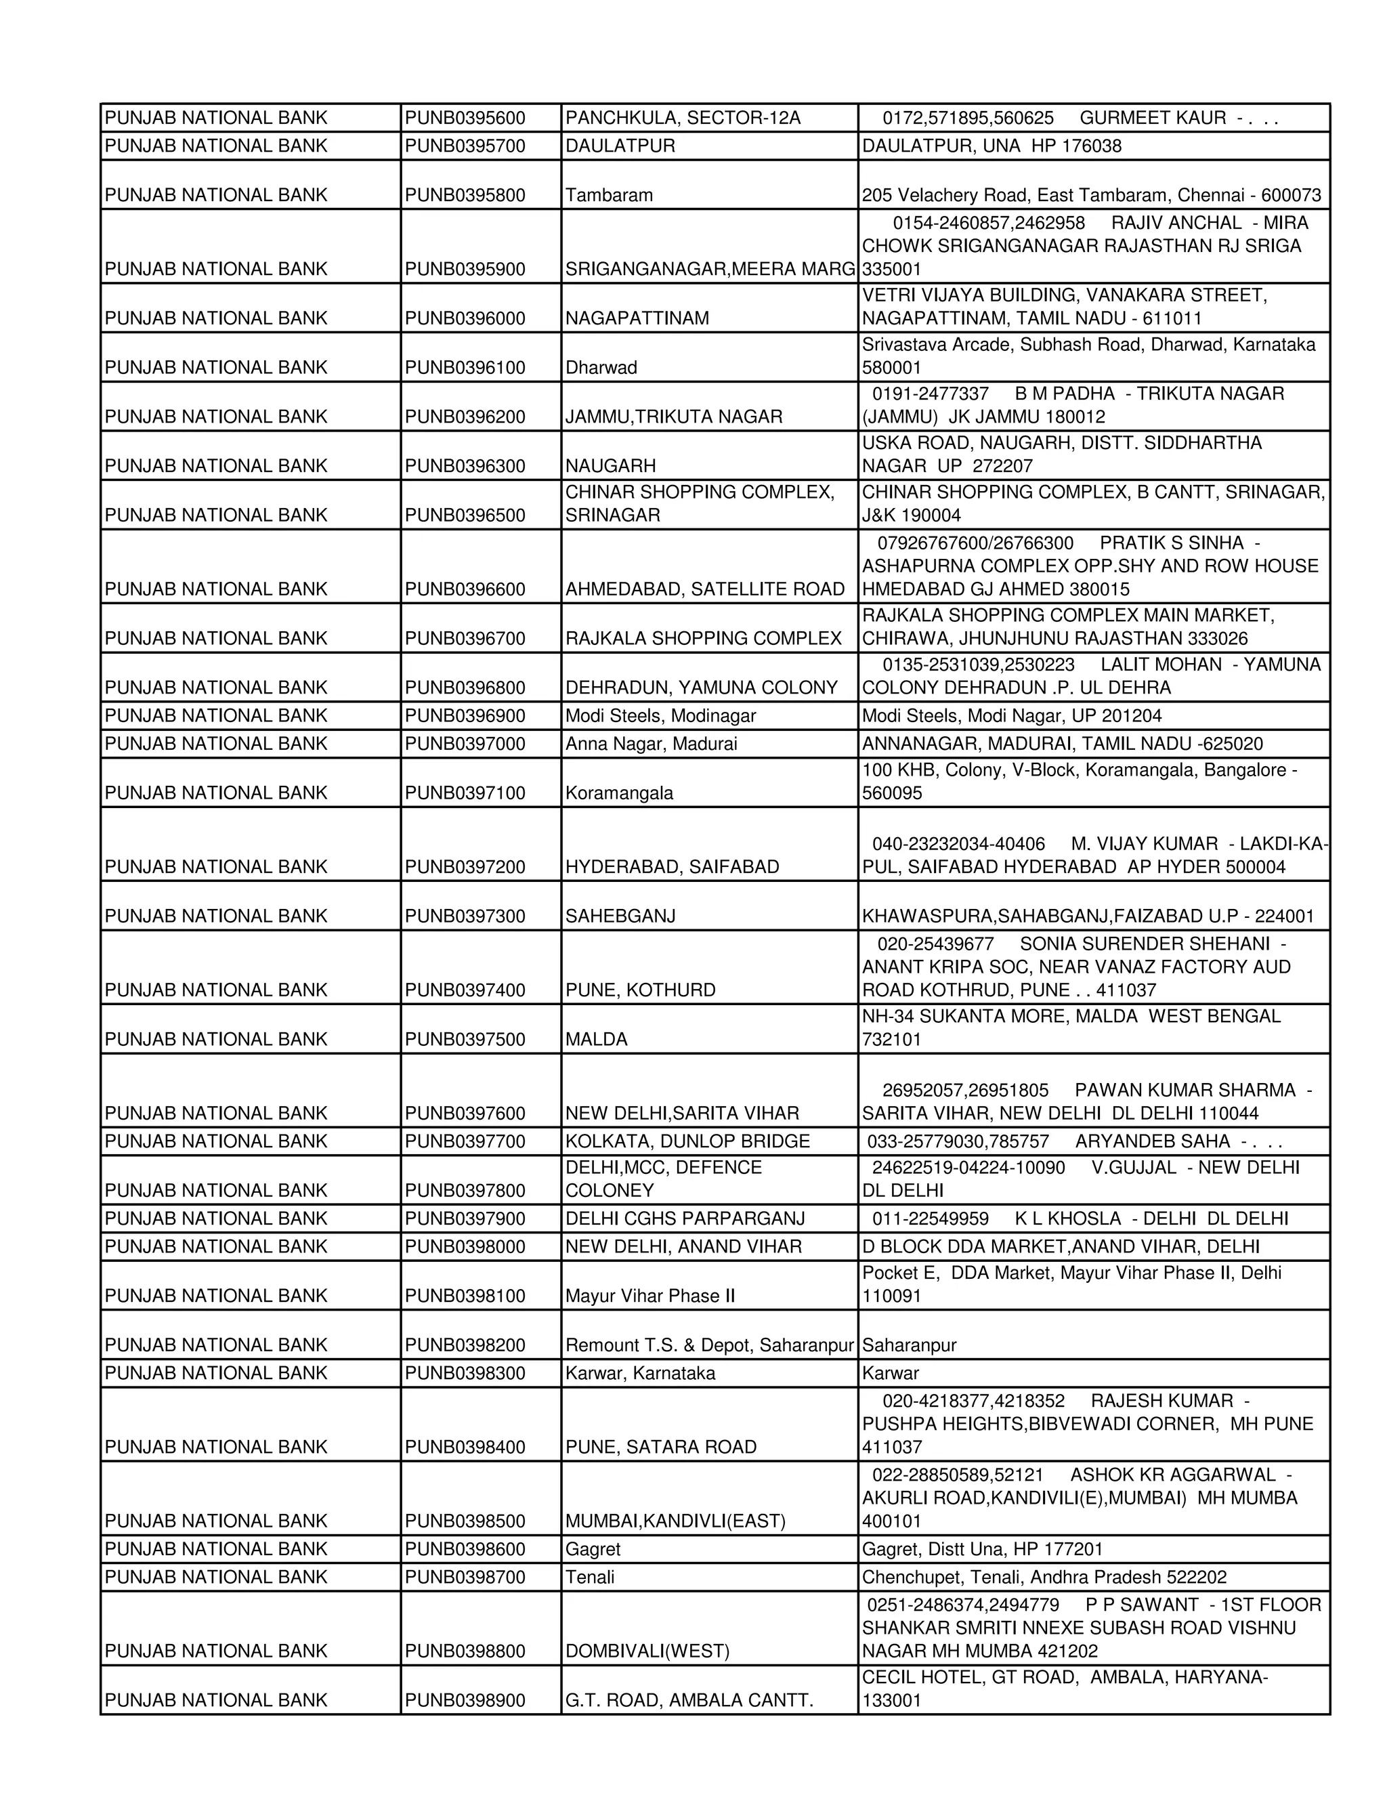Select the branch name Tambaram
[609, 196]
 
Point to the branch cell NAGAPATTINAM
[637, 319]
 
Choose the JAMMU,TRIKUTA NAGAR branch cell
[673, 417]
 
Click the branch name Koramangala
[619, 793]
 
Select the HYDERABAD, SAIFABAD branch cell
[672, 867]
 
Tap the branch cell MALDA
[596, 1040]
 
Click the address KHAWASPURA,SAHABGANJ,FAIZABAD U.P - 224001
[1088, 916]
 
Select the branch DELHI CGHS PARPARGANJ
[685, 1219]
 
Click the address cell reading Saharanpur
[909, 1345]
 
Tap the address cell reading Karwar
[890, 1374]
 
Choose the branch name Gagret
[593, 1549]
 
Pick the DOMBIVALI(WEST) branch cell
[647, 1651]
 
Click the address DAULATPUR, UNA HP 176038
[991, 146]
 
